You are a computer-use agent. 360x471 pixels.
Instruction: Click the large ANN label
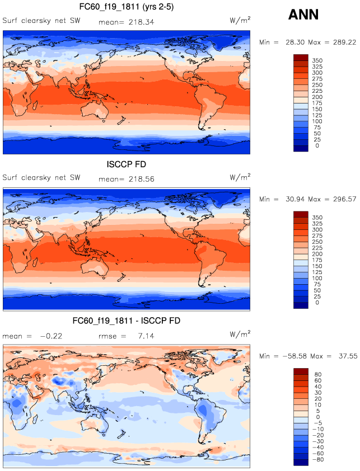(303, 15)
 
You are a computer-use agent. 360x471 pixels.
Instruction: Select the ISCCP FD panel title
(127, 165)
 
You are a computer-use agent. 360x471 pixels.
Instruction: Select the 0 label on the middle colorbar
(317, 303)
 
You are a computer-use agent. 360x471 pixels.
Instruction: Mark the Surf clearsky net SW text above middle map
(41, 178)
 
